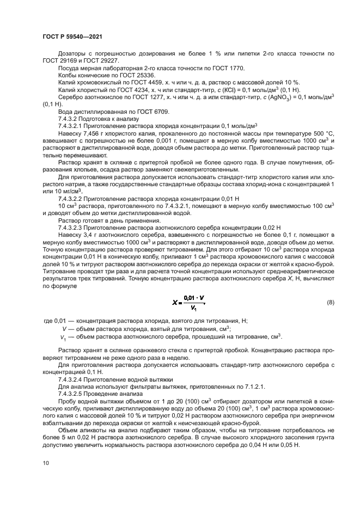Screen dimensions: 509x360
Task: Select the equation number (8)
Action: [330, 302]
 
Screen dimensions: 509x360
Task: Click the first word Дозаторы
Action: [72, 54]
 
